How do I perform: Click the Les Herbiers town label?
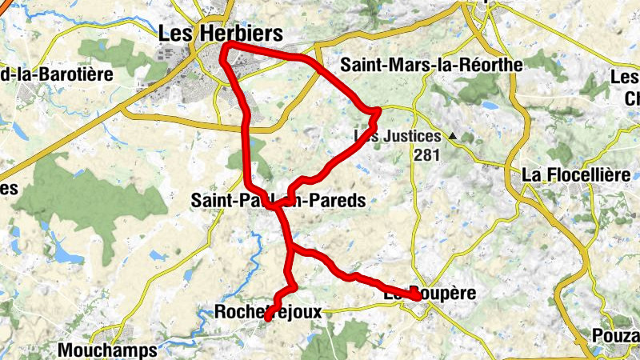click(221, 33)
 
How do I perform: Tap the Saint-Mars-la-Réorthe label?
click(430, 65)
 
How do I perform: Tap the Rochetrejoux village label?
click(268, 313)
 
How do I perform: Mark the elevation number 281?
click(427, 154)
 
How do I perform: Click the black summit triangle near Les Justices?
click(453, 137)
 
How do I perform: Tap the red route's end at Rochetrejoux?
click(267, 319)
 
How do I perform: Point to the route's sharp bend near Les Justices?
click(378, 110)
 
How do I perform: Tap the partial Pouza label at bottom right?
click(616, 335)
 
